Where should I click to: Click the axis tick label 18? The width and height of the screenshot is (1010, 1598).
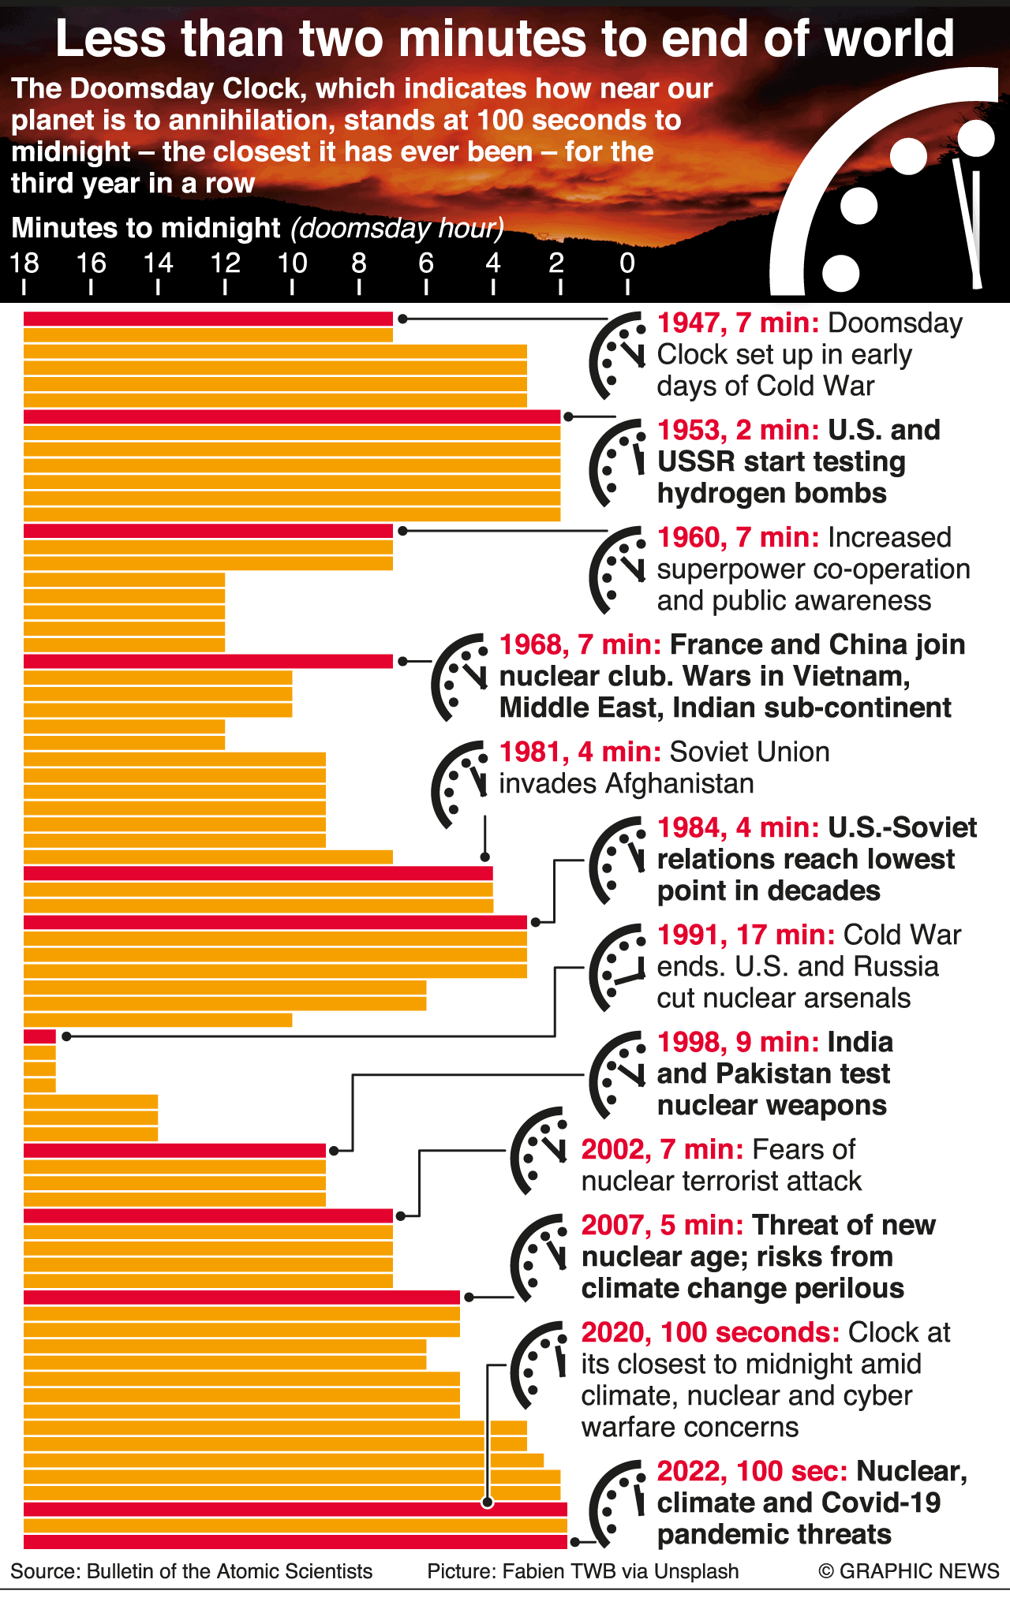(24, 263)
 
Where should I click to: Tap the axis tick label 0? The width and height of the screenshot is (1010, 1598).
(627, 263)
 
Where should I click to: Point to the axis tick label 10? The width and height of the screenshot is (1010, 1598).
(292, 263)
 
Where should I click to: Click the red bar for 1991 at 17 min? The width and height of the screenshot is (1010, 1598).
(39, 1036)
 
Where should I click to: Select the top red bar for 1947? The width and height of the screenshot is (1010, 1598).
(208, 319)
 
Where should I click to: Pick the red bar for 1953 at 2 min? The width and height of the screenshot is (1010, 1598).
(292, 416)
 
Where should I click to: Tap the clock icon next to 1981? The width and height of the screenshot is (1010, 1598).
(460, 783)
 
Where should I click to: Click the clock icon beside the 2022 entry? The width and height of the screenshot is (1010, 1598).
(618, 1503)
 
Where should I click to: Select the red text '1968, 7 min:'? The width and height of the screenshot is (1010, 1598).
(580, 644)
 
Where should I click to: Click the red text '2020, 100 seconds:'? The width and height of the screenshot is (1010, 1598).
(710, 1332)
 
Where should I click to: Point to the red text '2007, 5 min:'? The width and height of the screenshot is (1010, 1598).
(662, 1225)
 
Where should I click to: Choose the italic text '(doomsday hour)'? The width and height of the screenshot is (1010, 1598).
(397, 228)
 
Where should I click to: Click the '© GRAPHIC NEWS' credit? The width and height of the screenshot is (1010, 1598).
(908, 1571)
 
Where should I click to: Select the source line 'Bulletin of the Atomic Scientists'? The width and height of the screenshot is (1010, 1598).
(230, 1571)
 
